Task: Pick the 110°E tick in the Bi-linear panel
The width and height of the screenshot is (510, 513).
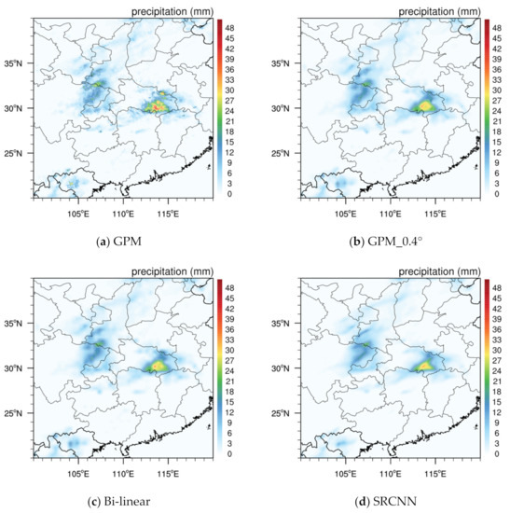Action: tap(122, 471)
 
